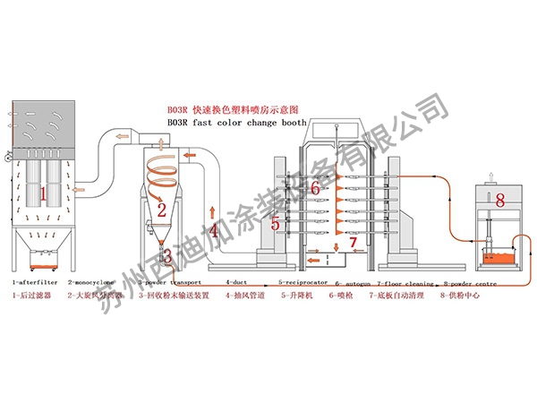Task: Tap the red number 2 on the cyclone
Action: [x=162, y=212]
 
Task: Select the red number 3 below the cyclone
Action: [x=166, y=256]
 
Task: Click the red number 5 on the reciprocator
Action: [x=277, y=223]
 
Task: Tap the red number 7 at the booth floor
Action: [x=353, y=242]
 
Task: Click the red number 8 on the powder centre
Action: [x=499, y=199]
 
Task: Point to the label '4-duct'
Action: [x=236, y=282]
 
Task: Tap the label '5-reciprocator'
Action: [x=303, y=282]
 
